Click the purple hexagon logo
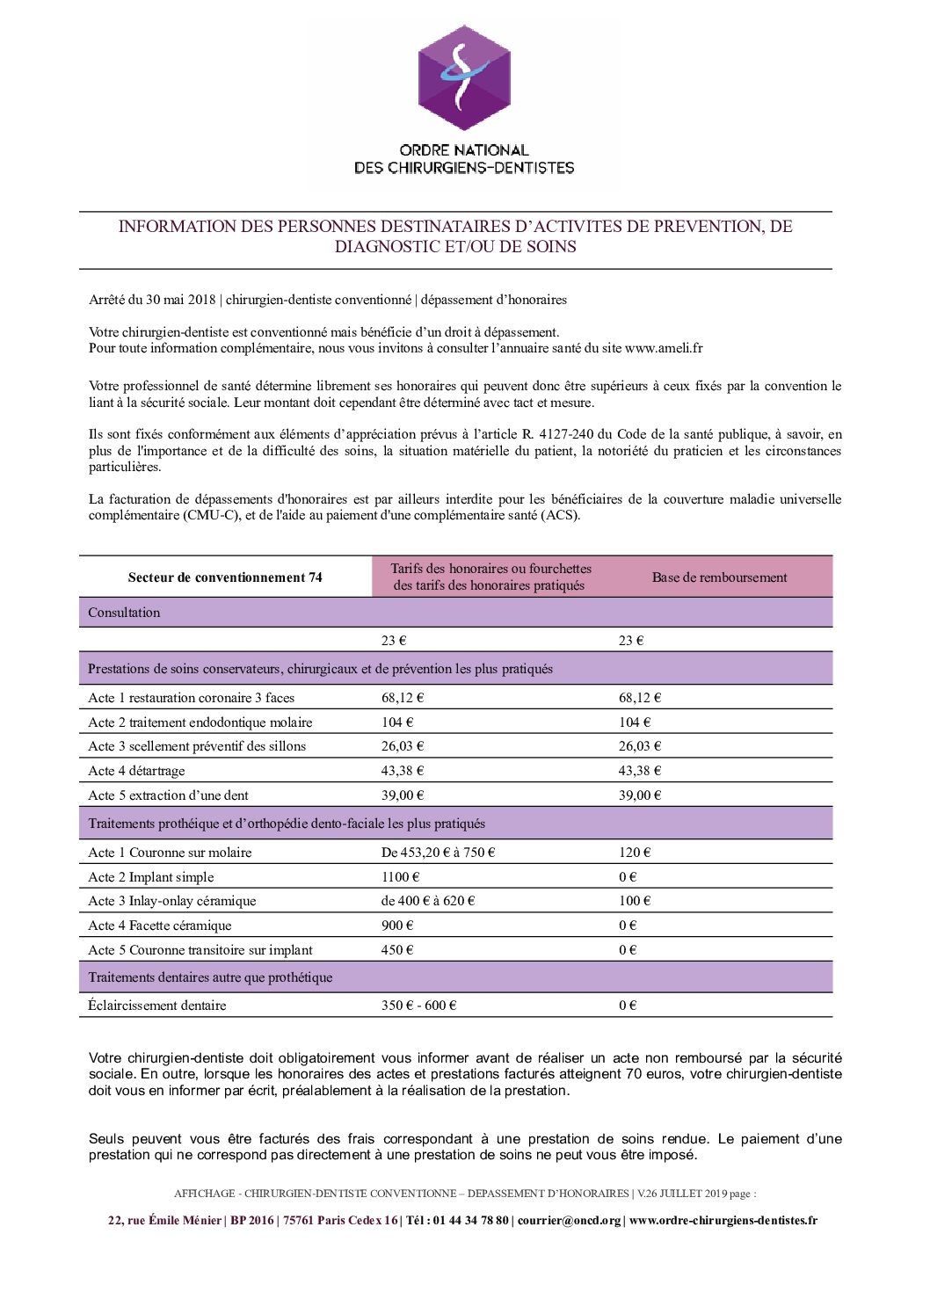[x=464, y=78]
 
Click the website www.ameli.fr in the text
[x=664, y=348]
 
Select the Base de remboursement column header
[x=719, y=577]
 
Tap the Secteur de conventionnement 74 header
[x=225, y=577]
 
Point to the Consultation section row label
[x=124, y=613]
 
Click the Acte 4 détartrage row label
[x=136, y=771]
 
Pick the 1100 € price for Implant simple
[x=400, y=877]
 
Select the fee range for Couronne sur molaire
[x=438, y=853]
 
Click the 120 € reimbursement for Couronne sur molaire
[x=634, y=853]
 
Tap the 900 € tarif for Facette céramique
[x=397, y=926]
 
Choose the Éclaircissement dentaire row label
[x=157, y=1005]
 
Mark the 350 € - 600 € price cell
[x=418, y=1005]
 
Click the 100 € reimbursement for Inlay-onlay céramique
[x=634, y=901]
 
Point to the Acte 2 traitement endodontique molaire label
[x=200, y=722]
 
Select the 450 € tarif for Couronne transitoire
[x=397, y=950]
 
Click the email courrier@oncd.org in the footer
[x=569, y=1221]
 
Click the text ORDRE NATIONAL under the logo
[x=464, y=150]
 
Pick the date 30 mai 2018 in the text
[x=180, y=300]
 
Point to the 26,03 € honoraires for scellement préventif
[x=403, y=746]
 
